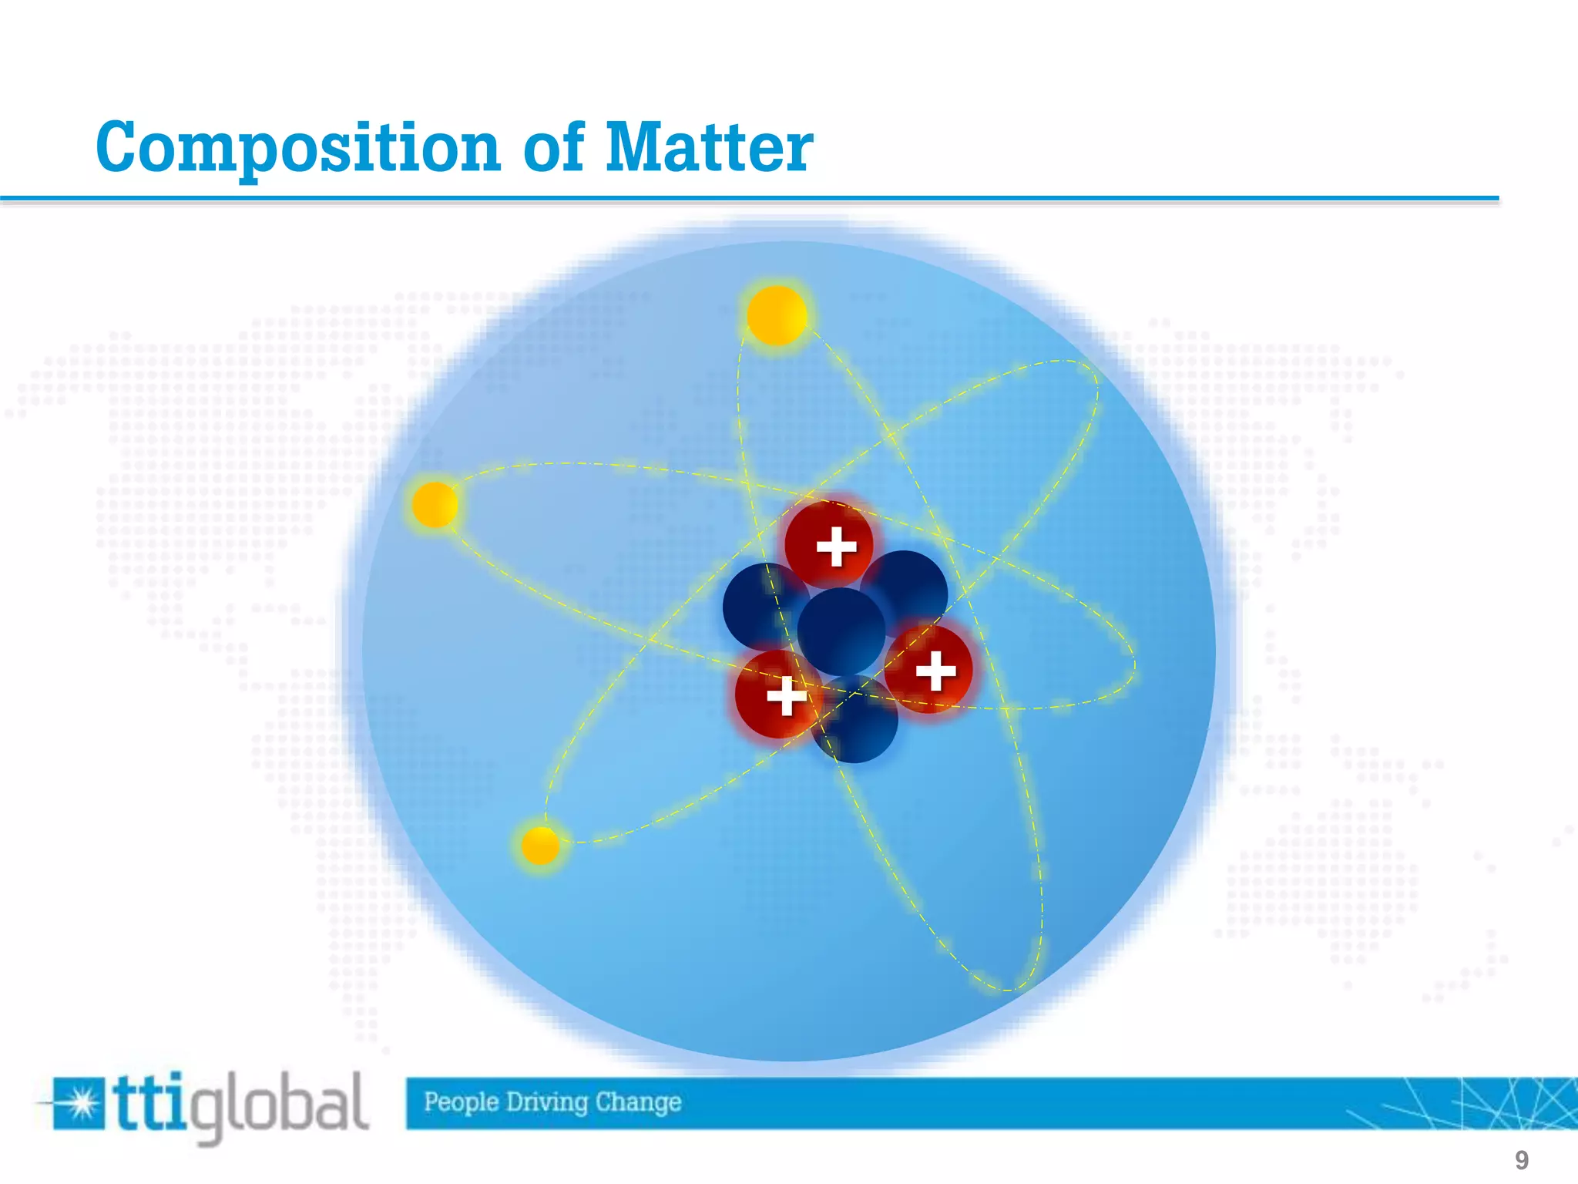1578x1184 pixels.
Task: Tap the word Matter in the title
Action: tap(708, 147)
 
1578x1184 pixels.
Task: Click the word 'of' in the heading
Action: tap(552, 147)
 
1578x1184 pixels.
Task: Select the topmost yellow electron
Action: tap(777, 315)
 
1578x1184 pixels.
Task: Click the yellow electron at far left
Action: tap(435, 505)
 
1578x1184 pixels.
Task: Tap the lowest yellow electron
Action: tap(539, 846)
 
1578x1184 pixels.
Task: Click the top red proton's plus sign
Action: tap(836, 547)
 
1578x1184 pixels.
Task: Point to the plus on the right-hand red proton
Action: tap(935, 671)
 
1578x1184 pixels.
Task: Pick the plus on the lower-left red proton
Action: tap(787, 696)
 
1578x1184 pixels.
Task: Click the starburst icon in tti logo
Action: tap(79, 1105)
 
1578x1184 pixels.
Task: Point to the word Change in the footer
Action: tap(638, 1102)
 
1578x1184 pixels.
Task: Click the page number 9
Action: tap(1521, 1160)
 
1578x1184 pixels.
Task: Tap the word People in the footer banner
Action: tap(461, 1102)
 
